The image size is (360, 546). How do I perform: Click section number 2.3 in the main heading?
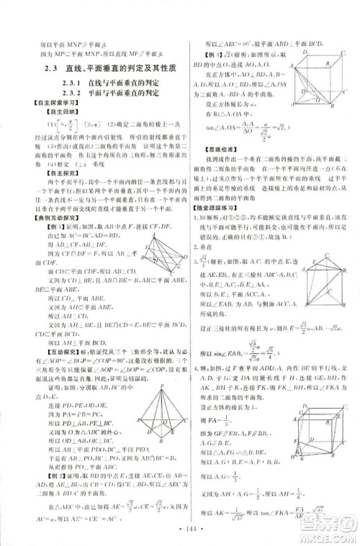[x=50, y=68]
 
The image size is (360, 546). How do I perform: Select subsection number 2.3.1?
[x=63, y=83]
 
